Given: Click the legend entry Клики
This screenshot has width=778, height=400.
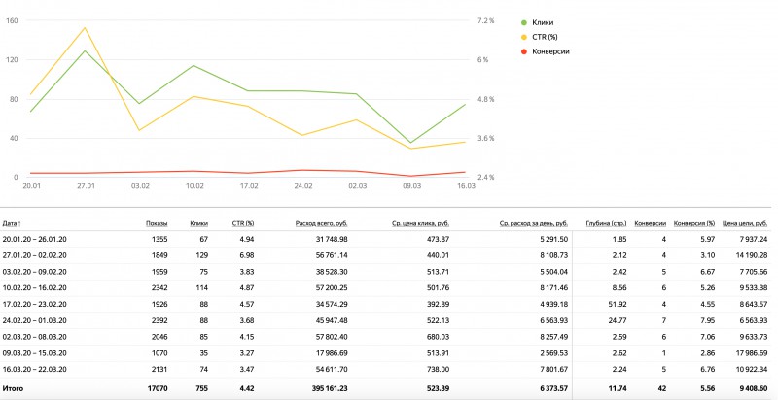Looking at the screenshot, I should click(546, 22).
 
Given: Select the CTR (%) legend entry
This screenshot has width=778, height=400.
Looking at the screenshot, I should click(547, 37).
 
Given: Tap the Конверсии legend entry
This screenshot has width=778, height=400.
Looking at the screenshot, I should click(551, 50).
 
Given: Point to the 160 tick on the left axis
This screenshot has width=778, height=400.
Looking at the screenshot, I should click(13, 20).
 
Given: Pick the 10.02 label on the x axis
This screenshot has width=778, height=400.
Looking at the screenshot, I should click(194, 184).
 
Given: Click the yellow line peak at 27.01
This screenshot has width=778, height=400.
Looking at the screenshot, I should click(86, 28).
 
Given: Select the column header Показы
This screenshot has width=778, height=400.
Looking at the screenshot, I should click(156, 223).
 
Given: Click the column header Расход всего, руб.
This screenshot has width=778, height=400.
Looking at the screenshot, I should click(321, 223).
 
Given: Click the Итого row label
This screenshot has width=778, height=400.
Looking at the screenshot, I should click(15, 388).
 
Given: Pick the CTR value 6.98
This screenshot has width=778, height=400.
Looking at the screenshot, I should click(245, 253).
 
